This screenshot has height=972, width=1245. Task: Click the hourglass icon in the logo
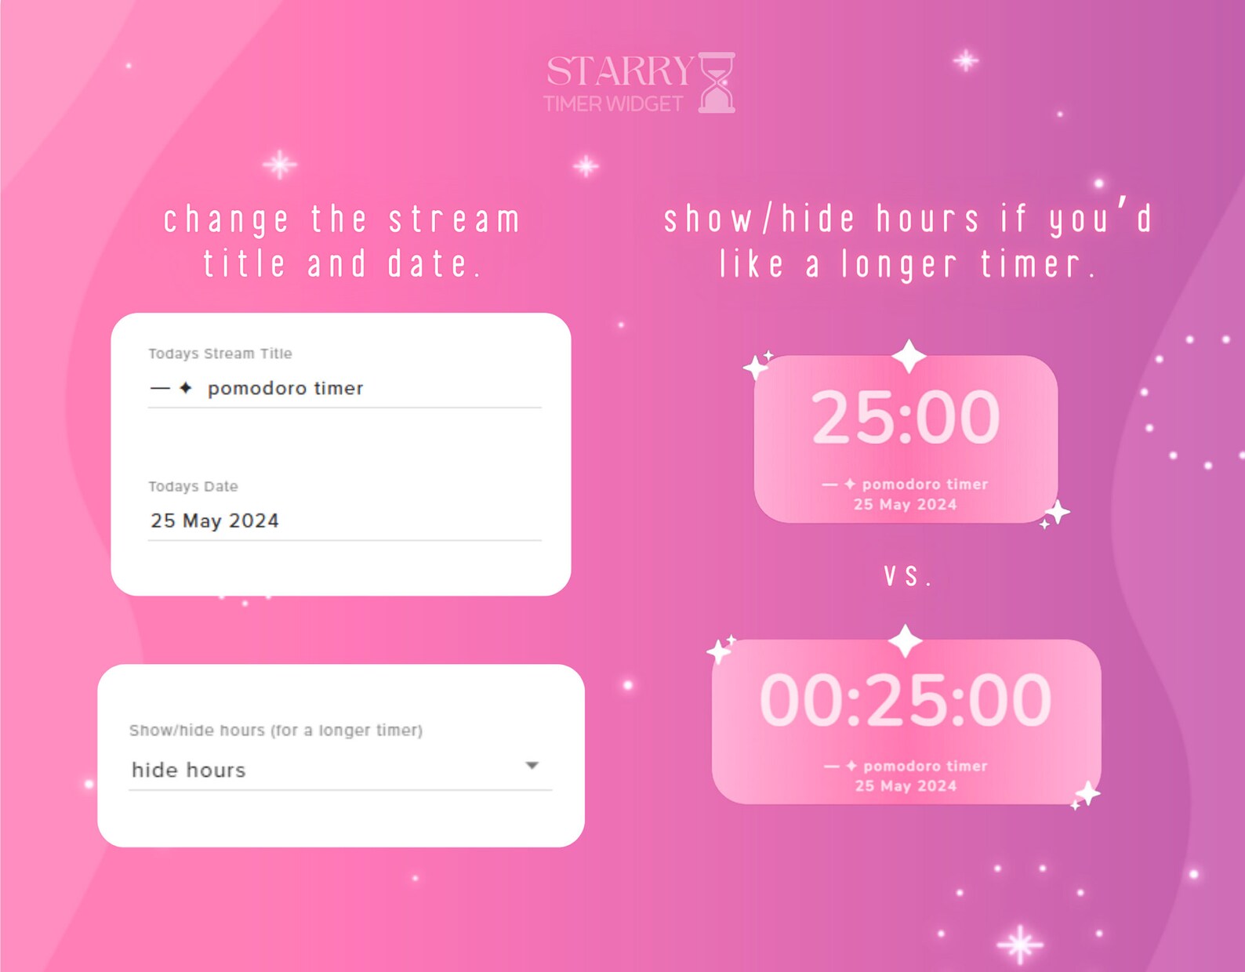[x=716, y=82]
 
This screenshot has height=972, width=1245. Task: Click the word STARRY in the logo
[x=619, y=71]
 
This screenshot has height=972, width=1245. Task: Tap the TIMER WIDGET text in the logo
[x=613, y=104]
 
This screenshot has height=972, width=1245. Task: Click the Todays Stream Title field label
[x=220, y=354]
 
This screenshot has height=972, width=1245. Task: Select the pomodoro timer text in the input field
[x=285, y=388]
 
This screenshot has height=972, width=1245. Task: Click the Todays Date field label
[x=193, y=486]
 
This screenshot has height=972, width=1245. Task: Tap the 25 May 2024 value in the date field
[x=215, y=520]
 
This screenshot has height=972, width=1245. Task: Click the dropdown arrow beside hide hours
[x=532, y=765]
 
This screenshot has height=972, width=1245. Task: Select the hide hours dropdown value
[x=189, y=770]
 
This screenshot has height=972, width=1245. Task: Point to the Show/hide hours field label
[x=276, y=730]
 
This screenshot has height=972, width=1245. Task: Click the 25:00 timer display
[x=906, y=417]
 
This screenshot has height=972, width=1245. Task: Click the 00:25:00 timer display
[x=906, y=700]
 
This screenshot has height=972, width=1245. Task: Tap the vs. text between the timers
[x=907, y=576]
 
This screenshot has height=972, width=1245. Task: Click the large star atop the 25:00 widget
[x=909, y=356]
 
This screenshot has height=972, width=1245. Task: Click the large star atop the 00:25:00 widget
[x=906, y=640]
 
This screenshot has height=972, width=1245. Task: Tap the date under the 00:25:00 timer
[x=906, y=785]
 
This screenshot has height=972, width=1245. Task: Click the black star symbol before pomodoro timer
[x=186, y=387]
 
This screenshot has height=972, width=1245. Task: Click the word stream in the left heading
[x=455, y=219]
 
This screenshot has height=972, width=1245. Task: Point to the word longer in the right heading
[x=899, y=265]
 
